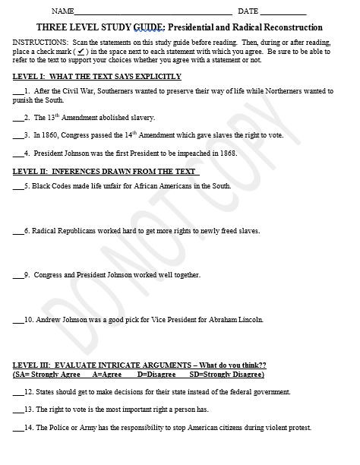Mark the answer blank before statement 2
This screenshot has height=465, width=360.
tap(18, 118)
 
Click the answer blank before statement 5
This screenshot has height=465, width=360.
tap(18, 186)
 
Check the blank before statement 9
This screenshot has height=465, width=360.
tap(18, 275)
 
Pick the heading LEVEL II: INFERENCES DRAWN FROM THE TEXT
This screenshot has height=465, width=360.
tap(105, 171)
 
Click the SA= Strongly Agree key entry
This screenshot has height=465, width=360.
tap(49, 375)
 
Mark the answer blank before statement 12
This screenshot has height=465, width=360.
tap(18, 392)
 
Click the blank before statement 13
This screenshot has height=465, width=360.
tap(18, 410)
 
